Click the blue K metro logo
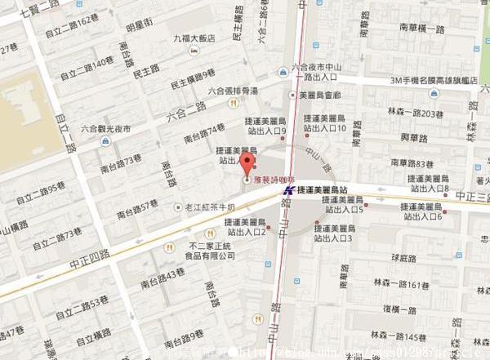tap(288, 189)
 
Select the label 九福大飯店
tap(194, 38)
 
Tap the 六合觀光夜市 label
tap(108, 128)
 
